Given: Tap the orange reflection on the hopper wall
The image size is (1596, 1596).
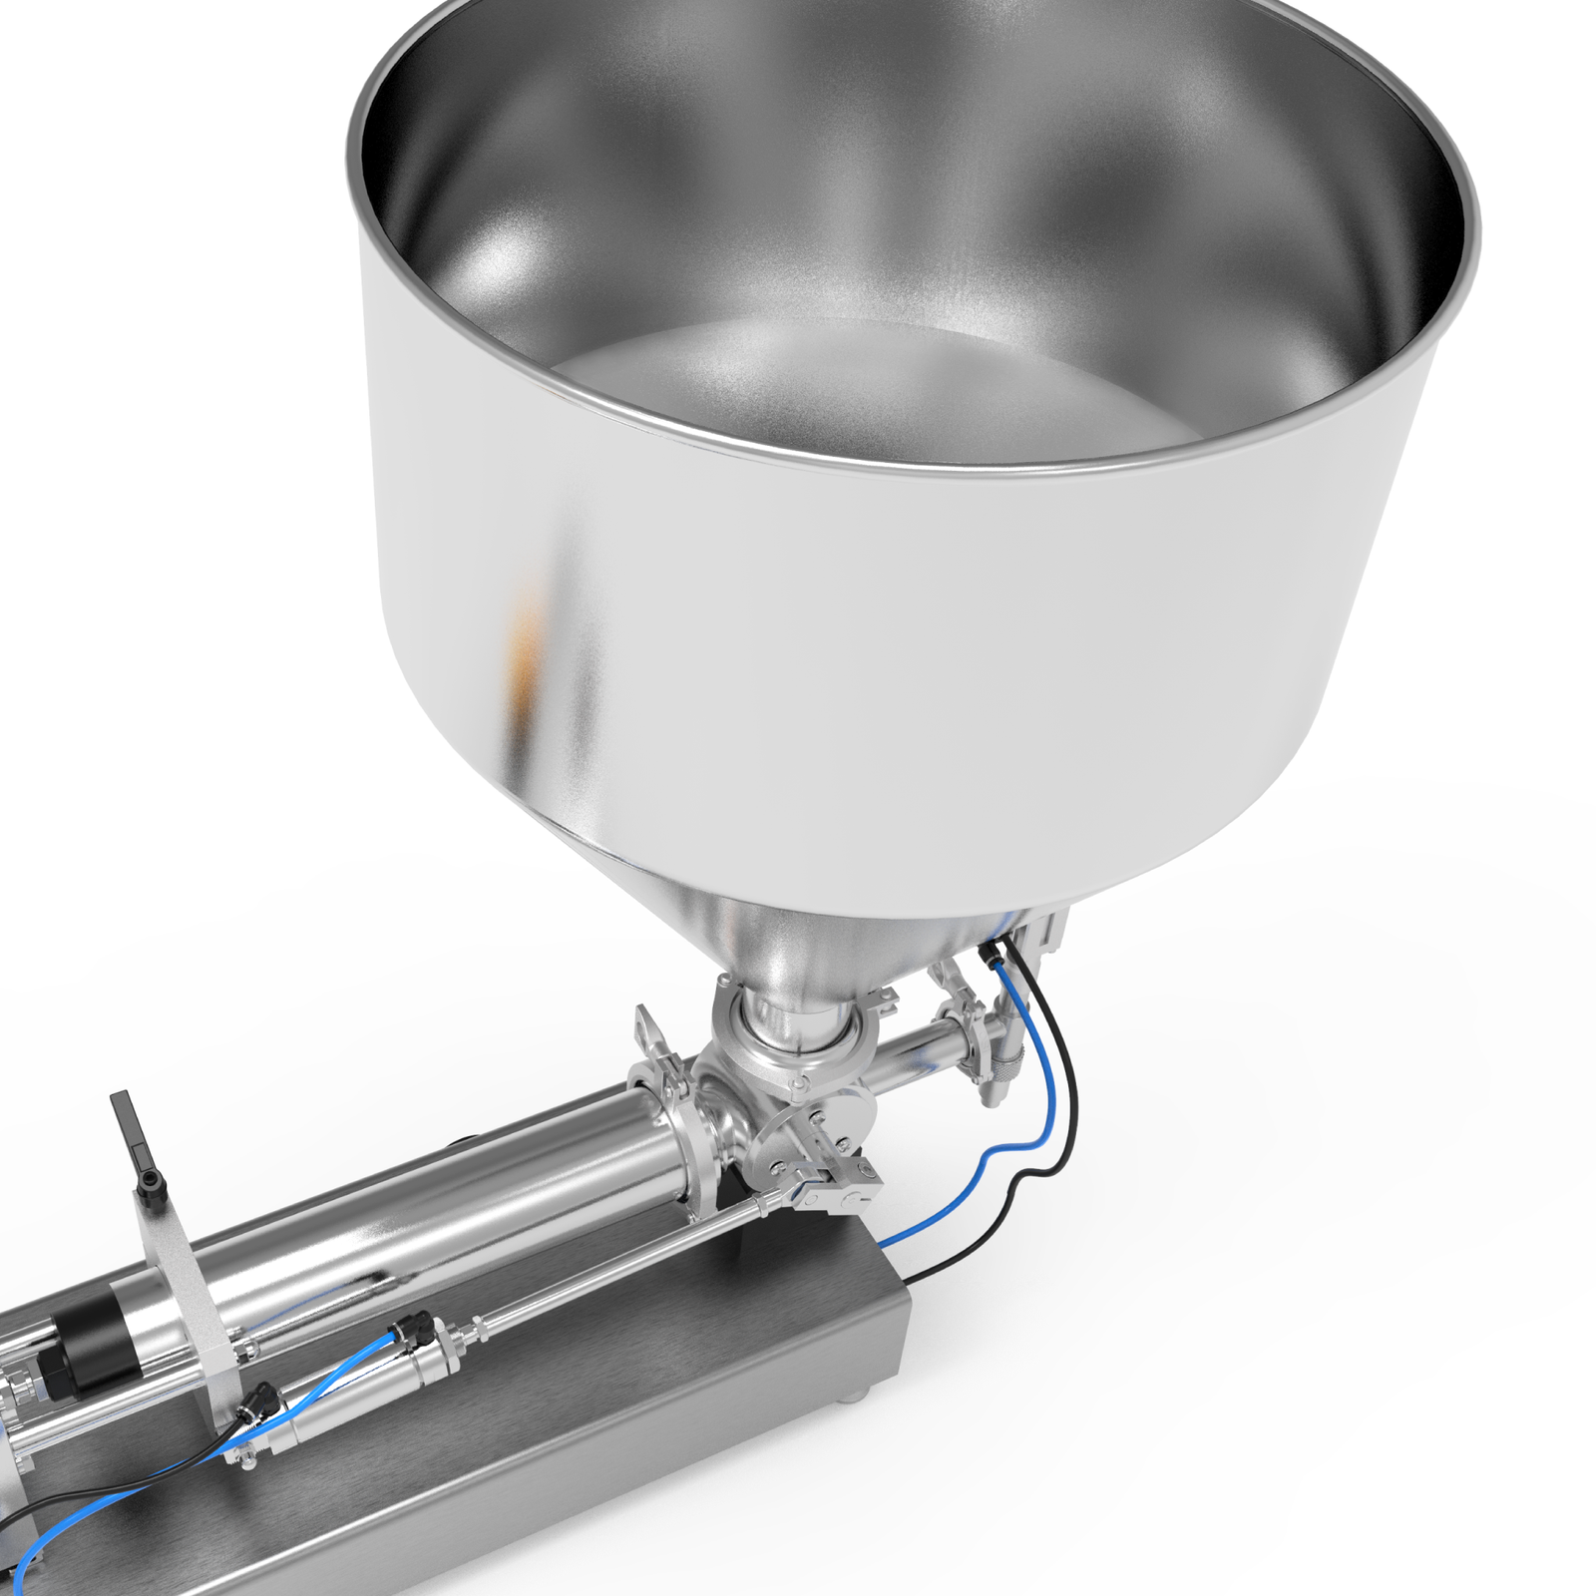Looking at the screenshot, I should tap(524, 638).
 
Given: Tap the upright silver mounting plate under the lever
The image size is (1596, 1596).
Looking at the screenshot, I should tap(180, 1287).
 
